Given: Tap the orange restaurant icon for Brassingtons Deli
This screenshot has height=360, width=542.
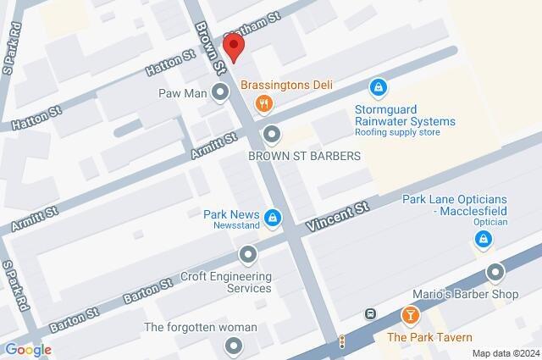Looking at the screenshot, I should click(x=263, y=104).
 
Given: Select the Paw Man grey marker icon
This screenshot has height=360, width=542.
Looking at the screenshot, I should click(x=220, y=92).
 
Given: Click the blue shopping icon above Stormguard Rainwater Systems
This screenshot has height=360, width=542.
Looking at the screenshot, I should click(x=379, y=87).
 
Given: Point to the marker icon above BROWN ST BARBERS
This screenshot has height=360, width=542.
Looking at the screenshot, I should click(x=271, y=134).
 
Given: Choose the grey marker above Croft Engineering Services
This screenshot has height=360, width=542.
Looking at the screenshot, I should click(x=247, y=254).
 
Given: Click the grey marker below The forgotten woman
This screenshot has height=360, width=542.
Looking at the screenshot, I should click(x=233, y=346).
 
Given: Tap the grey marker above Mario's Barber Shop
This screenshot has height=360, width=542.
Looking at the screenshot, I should click(x=496, y=273).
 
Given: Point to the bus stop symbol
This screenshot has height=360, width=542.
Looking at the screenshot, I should click(x=370, y=314).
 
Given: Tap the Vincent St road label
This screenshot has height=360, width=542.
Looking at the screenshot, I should click(x=338, y=217).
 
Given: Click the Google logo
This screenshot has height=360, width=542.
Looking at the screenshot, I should click(x=27, y=349).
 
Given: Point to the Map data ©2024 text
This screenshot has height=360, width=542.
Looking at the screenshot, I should click(x=505, y=353).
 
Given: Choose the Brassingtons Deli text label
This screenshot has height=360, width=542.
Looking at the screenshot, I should click(x=286, y=85).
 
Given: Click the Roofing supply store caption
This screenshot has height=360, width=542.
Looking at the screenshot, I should click(x=397, y=133).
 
